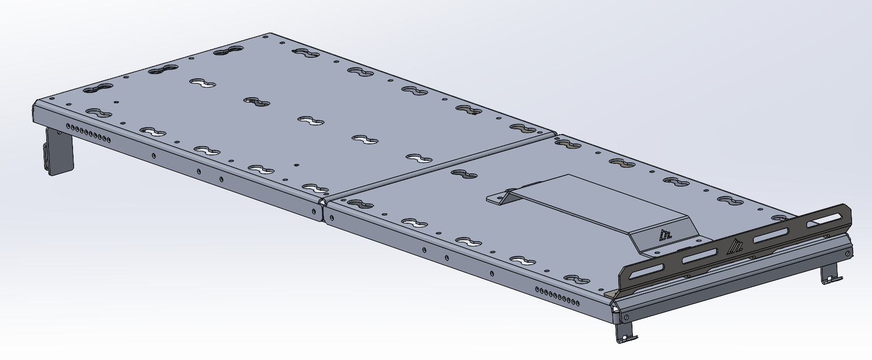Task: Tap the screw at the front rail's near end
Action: pyautogui.click(x=626, y=316)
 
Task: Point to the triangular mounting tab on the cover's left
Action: pyautogui.click(x=500, y=198)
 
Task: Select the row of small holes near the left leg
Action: pyautogui.click(x=88, y=133)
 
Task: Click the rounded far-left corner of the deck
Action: pyautogui.click(x=36, y=104)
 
